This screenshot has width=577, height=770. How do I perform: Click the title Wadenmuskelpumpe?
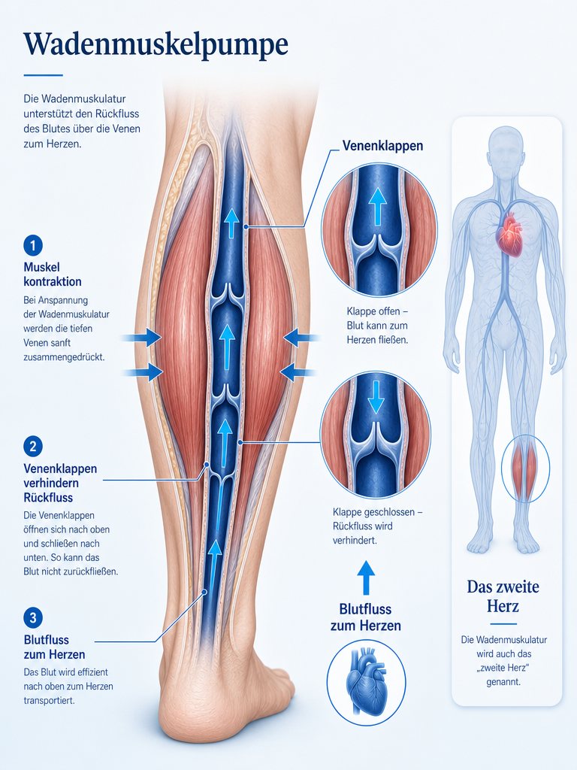click(156, 45)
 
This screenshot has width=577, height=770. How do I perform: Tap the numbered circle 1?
click(33, 245)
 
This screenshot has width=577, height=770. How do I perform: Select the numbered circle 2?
click(33, 447)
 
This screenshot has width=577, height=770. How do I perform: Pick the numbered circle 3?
click(33, 618)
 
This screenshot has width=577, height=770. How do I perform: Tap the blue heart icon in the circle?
click(366, 677)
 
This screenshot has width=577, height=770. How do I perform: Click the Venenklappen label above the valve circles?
click(382, 146)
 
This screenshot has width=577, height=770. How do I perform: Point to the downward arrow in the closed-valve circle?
click(376, 396)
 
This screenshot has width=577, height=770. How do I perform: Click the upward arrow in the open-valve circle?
click(377, 206)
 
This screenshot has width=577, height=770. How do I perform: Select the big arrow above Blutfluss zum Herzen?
click(366, 578)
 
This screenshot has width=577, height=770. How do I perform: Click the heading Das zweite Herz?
click(503, 596)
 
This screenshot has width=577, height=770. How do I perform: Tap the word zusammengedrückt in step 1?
click(64, 357)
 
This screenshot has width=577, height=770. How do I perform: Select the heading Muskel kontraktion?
click(53, 274)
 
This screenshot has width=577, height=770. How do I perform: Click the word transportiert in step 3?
click(49, 701)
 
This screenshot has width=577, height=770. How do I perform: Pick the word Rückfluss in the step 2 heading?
click(48, 498)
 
